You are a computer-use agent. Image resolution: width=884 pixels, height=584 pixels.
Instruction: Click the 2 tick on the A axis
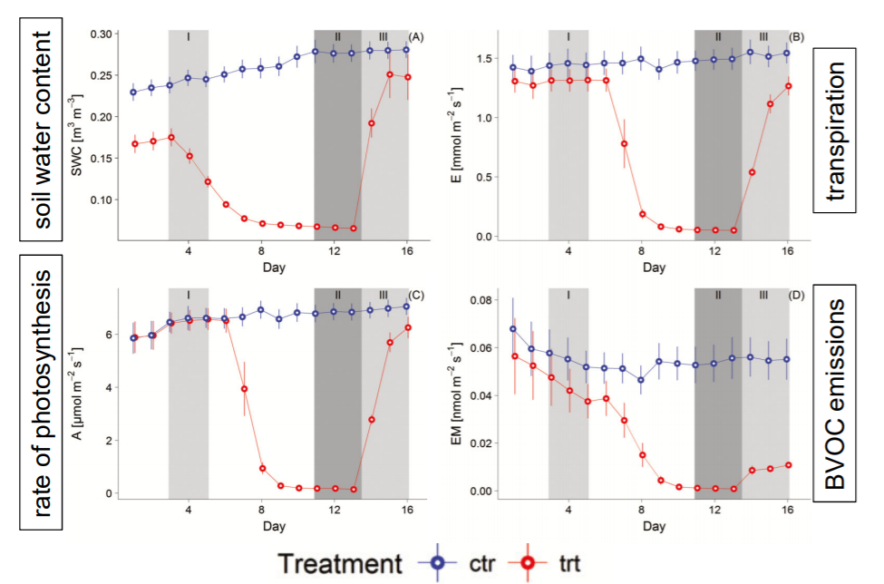(133, 441)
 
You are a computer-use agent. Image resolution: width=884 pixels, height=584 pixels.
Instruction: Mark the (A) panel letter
(416, 36)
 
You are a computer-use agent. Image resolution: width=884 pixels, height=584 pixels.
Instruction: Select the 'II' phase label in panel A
(337, 37)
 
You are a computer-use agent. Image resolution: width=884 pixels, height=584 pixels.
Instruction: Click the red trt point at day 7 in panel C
(243, 388)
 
